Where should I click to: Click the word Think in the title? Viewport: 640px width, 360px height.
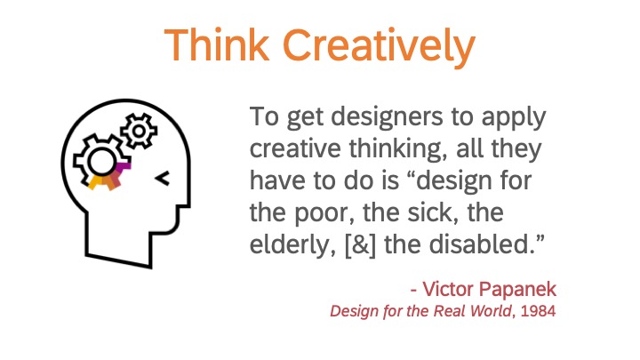[217, 44]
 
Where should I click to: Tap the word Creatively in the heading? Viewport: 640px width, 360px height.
[380, 48]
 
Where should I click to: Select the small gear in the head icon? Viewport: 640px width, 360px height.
[139, 131]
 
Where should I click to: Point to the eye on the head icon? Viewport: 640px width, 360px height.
[163, 178]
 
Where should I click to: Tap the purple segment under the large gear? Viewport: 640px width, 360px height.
[123, 167]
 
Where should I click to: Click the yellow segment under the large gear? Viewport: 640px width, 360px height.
[95, 182]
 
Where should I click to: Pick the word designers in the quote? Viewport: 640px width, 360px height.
[387, 117]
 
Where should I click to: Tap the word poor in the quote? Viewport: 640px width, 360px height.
[324, 213]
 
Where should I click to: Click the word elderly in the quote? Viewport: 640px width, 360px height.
[292, 245]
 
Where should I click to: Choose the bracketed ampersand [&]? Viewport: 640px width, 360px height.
[360, 245]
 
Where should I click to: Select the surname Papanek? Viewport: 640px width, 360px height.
[517, 290]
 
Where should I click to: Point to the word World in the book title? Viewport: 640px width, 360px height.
[491, 311]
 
